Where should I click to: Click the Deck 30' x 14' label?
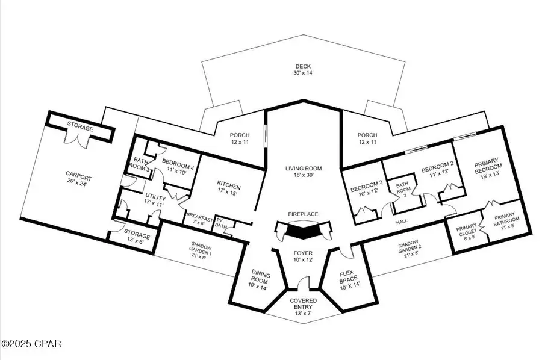(302, 70)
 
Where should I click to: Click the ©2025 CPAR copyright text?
(31, 344)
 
